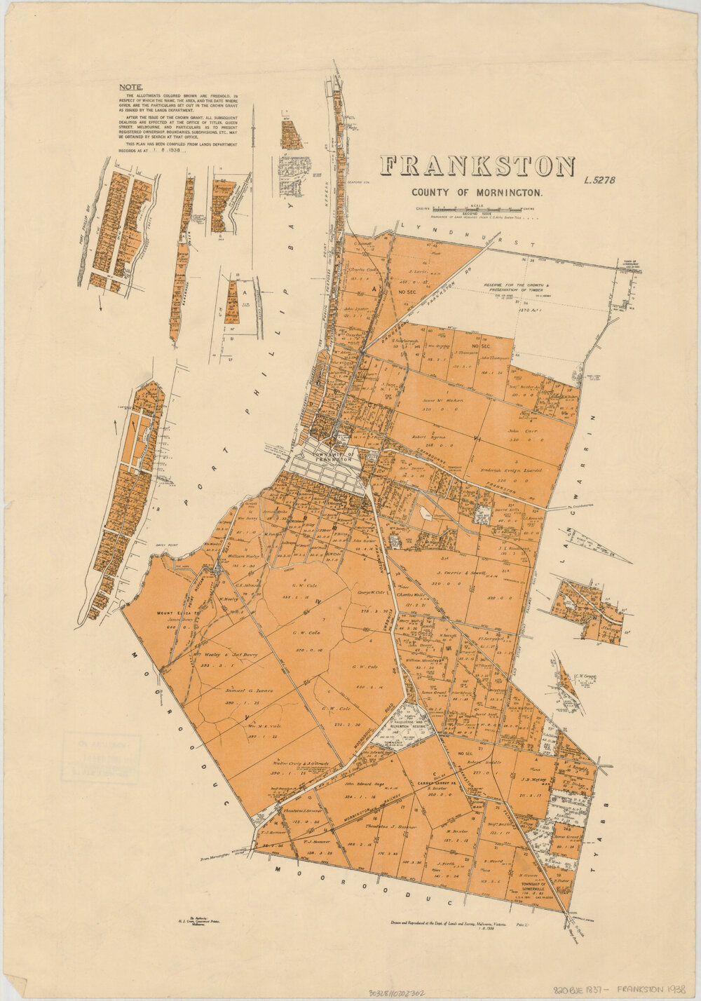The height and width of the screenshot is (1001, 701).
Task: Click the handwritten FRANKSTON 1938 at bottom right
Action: (651, 985)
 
